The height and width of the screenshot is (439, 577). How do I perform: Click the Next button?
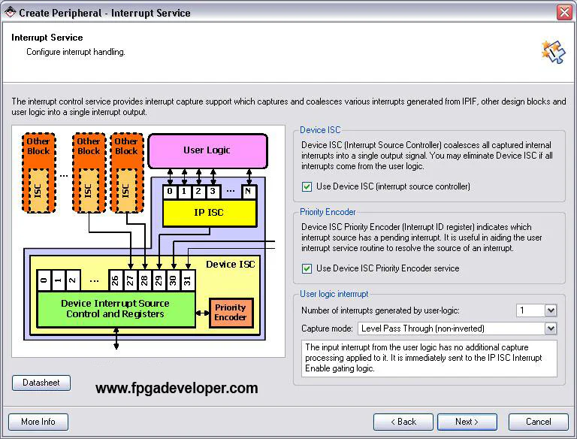pos(467,422)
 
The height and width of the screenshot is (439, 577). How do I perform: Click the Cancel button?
pos(538,422)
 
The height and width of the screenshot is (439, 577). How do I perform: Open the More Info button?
pos(38,422)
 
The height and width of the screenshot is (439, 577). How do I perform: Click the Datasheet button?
pos(41,383)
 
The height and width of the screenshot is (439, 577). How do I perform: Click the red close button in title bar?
pos(564,13)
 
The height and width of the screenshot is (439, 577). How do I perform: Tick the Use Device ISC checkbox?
pos(307,186)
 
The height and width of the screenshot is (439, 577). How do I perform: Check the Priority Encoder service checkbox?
pos(307,268)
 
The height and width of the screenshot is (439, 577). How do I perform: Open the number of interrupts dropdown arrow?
pos(551,310)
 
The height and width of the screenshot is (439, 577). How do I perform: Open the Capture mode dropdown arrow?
pos(551,328)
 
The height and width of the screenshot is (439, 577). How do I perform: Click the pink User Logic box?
pos(207,150)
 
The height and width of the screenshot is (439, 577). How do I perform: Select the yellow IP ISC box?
pos(210,213)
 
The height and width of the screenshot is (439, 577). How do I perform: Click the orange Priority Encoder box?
pos(231,313)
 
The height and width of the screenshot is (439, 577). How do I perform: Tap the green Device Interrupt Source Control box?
pos(115,309)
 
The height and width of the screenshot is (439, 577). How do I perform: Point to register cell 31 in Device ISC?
pos(188,280)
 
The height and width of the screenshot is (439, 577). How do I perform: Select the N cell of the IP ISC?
pos(248,192)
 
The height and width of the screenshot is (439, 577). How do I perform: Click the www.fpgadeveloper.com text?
pos(177,389)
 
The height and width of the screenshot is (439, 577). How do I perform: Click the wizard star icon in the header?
pos(552,50)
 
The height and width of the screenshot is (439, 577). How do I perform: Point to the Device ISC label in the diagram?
pos(231,264)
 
